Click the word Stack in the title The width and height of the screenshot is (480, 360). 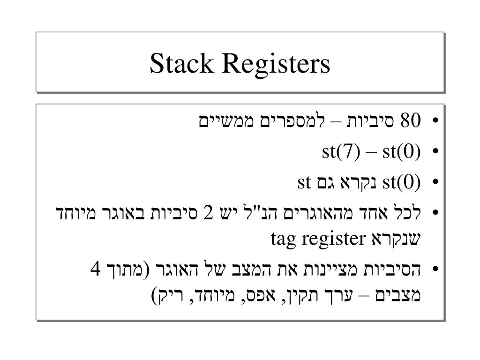coord(181,63)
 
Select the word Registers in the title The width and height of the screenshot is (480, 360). coord(276,65)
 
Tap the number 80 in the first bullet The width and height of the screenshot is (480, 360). coord(411,120)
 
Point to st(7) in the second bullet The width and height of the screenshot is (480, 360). coord(341,151)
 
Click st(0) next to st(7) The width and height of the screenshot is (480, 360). coord(402,151)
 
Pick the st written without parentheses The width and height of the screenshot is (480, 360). coord(304,182)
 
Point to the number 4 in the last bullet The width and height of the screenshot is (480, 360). coord(96,270)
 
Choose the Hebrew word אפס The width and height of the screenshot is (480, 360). coord(260,295)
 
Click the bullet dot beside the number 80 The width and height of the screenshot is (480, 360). coord(436,120)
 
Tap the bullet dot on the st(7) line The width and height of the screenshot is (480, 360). coord(436,151)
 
